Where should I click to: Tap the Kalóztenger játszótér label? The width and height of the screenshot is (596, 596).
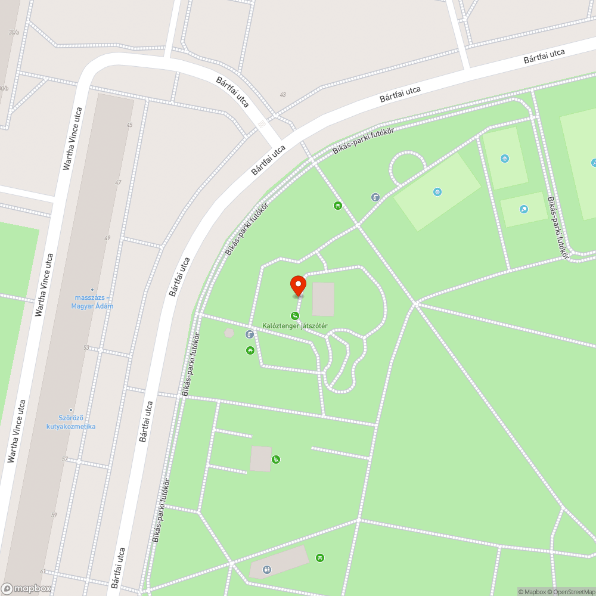coord(295,325)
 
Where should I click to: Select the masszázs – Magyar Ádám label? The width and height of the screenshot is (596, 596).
coord(94,302)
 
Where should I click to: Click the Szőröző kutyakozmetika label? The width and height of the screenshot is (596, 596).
coord(71,422)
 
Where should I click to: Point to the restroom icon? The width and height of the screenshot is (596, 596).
coord(266,570)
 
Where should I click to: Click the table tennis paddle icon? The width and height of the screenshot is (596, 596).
coord(523,209)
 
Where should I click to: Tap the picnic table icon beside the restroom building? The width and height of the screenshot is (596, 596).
coord(321,557)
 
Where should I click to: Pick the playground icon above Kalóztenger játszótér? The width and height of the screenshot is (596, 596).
coord(294,315)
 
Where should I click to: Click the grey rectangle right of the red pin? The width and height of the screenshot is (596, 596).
coord(323,299)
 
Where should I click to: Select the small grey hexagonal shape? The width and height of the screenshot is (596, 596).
coord(229,333)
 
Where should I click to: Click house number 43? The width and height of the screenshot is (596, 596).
coord(283,95)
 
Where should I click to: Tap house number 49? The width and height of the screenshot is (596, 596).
coord(107,238)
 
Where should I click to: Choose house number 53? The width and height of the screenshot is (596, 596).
coord(86,347)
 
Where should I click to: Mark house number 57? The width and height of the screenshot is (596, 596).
coord(64,459)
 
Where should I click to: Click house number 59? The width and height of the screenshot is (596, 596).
coord(54,515)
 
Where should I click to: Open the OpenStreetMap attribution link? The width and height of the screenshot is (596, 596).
coord(572,592)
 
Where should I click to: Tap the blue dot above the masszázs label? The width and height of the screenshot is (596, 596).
coord(92,290)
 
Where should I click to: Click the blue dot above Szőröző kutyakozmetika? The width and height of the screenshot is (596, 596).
coord(71,410)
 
